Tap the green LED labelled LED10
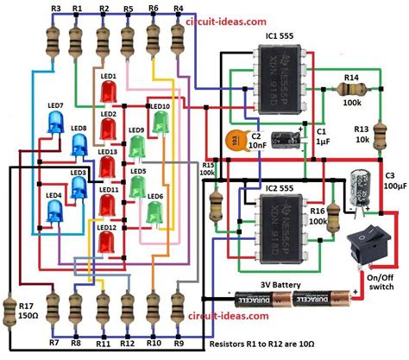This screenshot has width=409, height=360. tap(160, 121)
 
